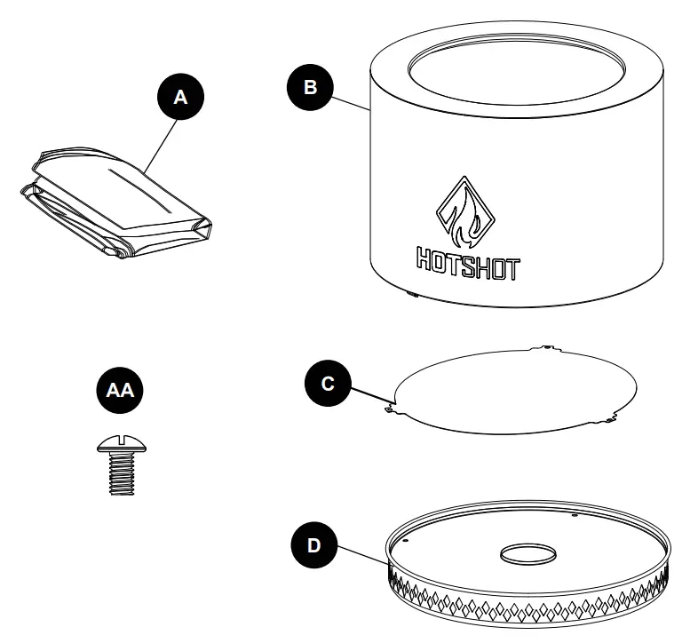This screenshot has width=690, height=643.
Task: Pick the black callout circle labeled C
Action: coord(328,384)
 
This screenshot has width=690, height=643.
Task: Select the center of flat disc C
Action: coord(515,391)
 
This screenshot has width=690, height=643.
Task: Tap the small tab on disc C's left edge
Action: coord(390,409)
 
